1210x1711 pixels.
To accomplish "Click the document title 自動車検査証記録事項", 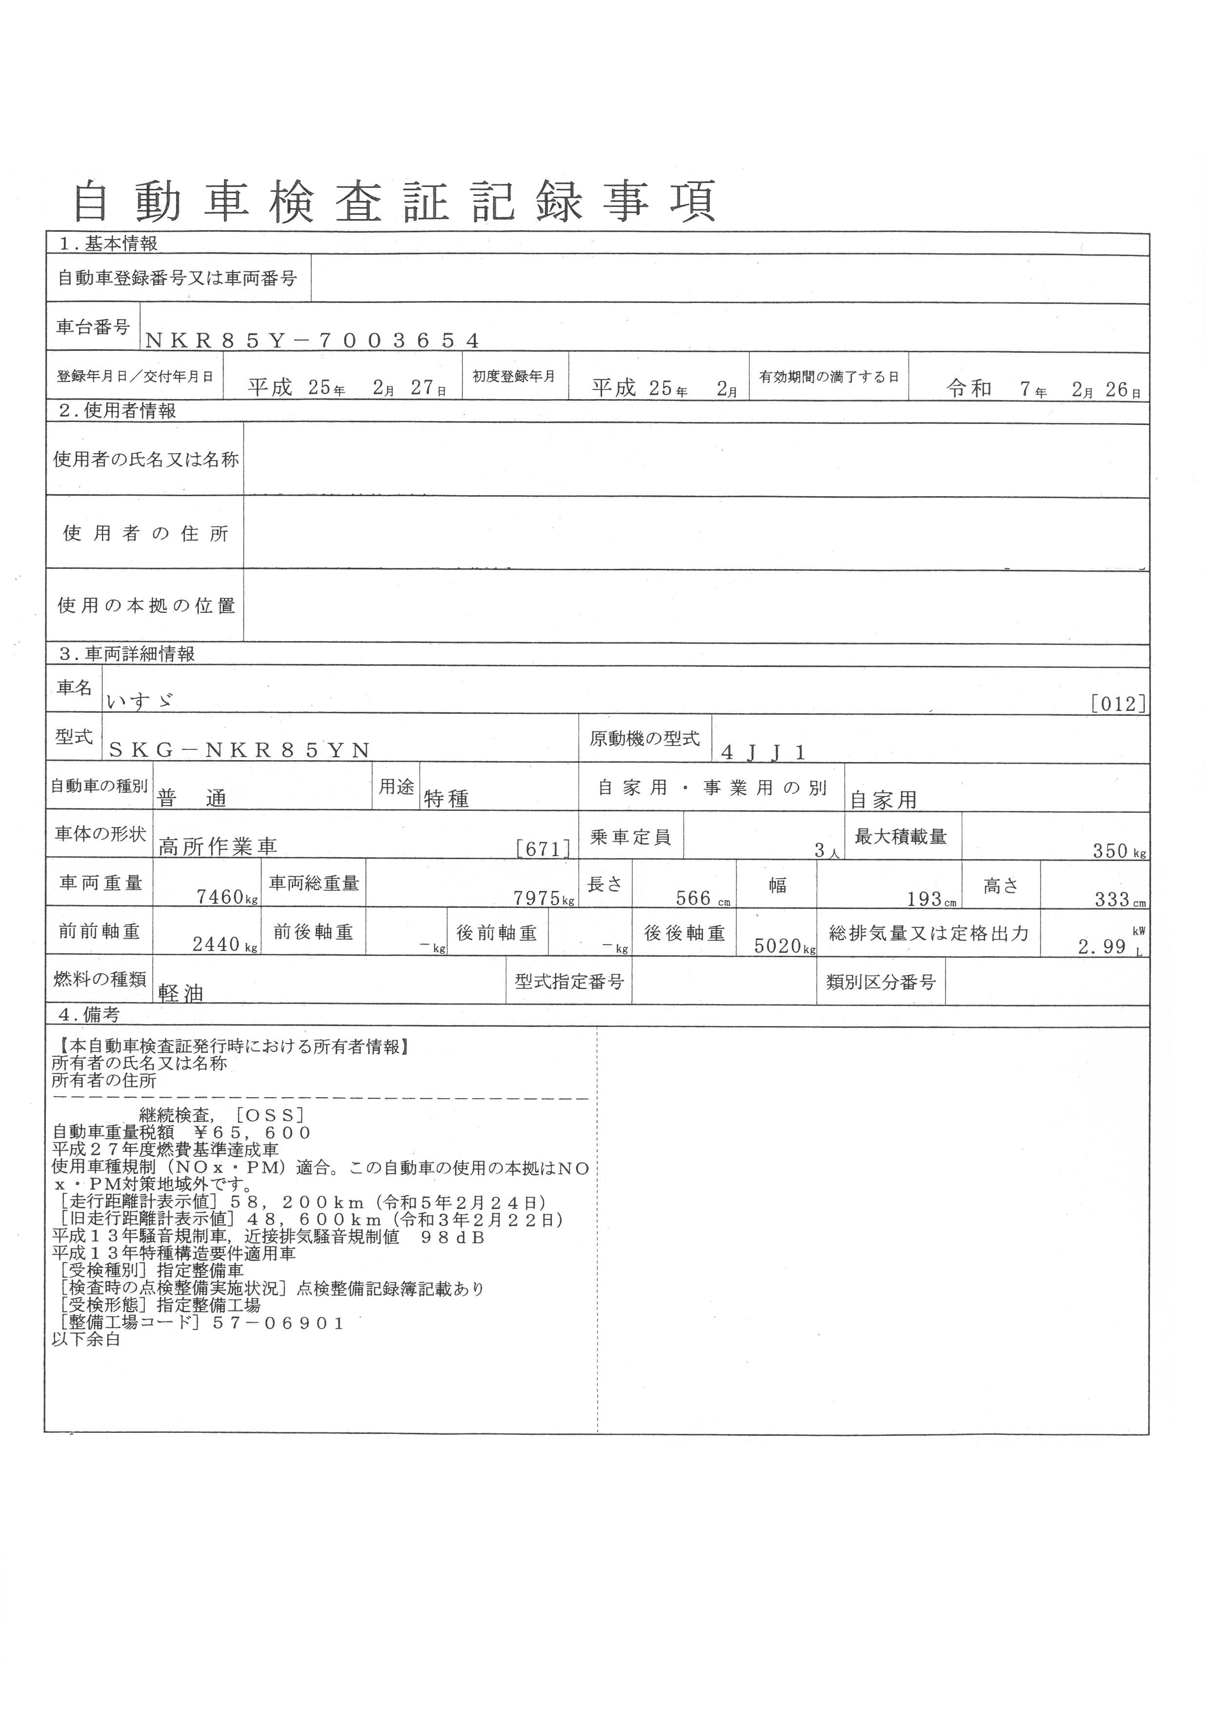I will click(395, 201).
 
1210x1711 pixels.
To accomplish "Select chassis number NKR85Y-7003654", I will click(312, 341).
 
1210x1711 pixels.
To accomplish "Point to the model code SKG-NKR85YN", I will click(239, 750).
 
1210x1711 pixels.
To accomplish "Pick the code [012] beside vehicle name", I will click(1118, 704).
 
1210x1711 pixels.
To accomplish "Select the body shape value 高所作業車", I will click(218, 846).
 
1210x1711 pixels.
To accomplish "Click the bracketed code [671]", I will click(543, 848).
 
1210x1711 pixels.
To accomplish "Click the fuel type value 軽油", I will click(181, 993).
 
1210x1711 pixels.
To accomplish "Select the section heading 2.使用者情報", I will click(118, 411).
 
